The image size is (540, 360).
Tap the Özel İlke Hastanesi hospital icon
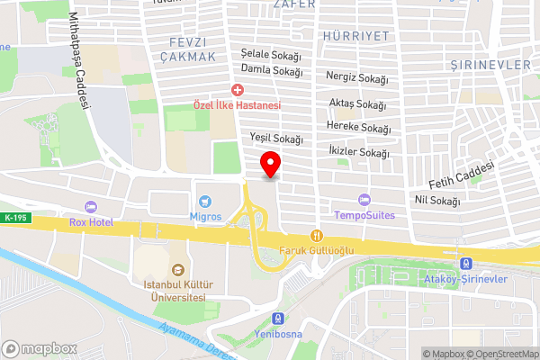pos(238,90)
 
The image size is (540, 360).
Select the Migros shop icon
pos(205,200)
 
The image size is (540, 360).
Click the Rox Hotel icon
pos(88,207)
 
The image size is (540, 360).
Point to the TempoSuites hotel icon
pos(364,200)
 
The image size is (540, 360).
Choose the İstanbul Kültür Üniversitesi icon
pos(177,268)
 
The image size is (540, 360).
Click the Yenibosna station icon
pos(279,318)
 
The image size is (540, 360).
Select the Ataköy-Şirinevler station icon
pos(465,263)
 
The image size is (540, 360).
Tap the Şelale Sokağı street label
pos(271,55)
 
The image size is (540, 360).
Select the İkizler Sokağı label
pos(360,153)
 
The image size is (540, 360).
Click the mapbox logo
pos(38,347)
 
